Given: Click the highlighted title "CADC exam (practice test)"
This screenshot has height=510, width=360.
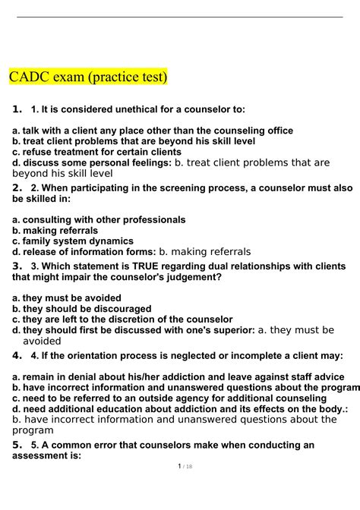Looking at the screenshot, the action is tap(87, 77).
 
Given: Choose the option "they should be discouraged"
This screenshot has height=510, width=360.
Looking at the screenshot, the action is tap(87, 309).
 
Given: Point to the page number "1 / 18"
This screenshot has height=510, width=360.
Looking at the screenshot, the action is tap(180, 488).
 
